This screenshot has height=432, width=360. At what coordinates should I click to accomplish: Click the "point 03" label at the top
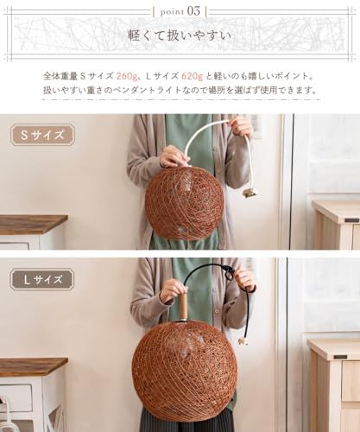coord(180,10)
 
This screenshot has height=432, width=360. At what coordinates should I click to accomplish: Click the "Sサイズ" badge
coord(41,135)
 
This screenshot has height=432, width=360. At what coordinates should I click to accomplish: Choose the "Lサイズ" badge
coord(41,279)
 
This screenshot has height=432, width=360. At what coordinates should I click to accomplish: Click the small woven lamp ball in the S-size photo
coord(184,202)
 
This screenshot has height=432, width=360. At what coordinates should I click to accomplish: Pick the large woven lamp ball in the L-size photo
coord(184,370)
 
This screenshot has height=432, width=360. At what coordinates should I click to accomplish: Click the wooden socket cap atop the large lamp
coord(182,307)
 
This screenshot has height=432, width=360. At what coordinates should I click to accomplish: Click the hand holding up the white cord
coord(241,127)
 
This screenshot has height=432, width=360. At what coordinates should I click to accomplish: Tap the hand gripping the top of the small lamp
coord(173,156)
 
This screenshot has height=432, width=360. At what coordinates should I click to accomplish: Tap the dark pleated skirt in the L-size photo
coord(186,421)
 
